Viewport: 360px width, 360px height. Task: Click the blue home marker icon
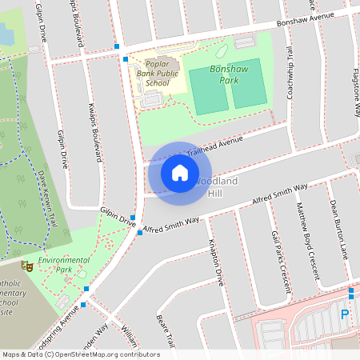(x=180, y=172)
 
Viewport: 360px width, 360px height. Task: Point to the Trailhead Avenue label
(x=214, y=146)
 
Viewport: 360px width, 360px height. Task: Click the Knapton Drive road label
(x=214, y=262)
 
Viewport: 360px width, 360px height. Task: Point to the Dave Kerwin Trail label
(x=47, y=197)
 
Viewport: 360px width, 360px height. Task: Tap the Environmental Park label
(x=65, y=265)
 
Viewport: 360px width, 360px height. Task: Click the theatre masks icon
(x=26, y=265)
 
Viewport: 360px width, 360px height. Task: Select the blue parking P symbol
(x=345, y=314)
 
